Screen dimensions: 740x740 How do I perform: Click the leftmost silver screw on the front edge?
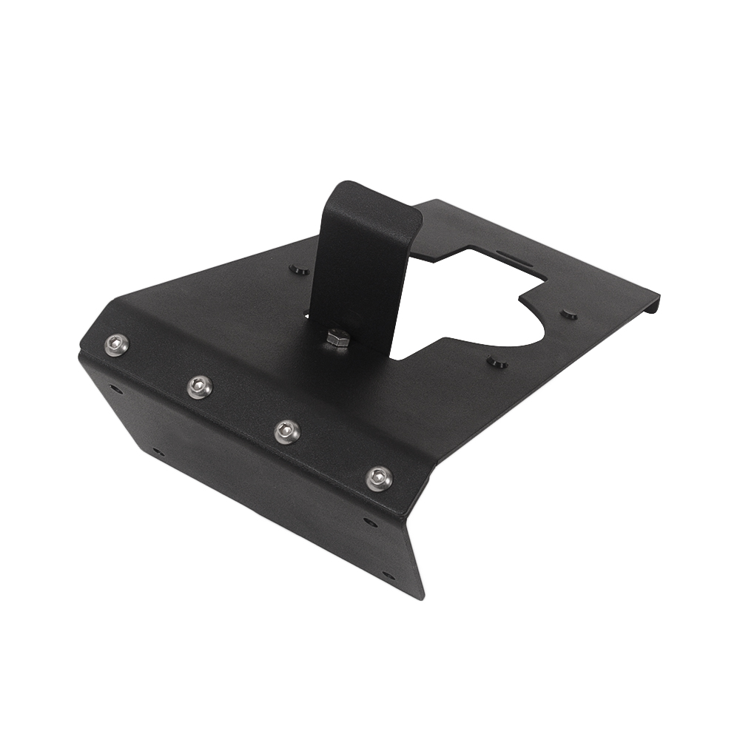pos(116,344)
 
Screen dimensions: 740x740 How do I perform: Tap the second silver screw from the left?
pos(200,386)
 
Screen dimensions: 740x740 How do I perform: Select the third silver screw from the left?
pos(287,431)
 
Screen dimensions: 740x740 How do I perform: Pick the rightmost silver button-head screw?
pos(379,478)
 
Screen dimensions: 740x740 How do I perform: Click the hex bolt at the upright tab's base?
pos(338,340)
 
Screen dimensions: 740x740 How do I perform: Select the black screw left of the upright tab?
pos(298,269)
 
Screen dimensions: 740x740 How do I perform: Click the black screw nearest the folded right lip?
pos(568,314)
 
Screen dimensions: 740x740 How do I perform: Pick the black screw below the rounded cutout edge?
pos(497,363)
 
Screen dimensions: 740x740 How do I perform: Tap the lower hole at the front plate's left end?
pos(157,450)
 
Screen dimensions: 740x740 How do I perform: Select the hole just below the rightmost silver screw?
pos(370,522)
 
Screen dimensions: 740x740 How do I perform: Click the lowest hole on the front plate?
pos(387,575)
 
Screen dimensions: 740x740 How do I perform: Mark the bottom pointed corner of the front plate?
pos(422,596)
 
